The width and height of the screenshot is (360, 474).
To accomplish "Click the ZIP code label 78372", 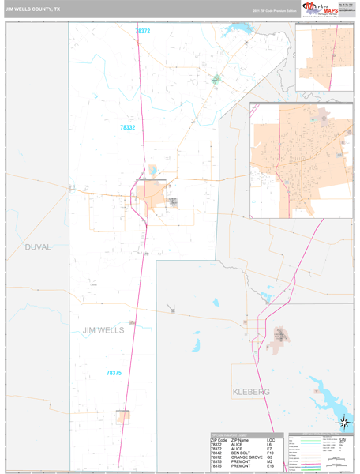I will point(142,31).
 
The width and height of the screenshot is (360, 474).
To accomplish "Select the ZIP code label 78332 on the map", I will point(128,127).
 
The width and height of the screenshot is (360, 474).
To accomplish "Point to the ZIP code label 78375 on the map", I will point(115,372).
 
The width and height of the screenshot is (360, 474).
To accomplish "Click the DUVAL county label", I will point(37,247).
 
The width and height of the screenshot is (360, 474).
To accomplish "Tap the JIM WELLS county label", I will point(103,330).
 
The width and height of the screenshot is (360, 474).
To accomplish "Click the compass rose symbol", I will point(343,423).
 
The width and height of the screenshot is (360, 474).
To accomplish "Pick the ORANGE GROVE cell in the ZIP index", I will point(247,457).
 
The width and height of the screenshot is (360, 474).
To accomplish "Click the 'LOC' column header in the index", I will point(271,439).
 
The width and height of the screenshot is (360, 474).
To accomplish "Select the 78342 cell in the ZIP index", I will point(217,453).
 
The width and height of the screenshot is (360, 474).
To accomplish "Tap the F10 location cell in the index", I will point(271,453).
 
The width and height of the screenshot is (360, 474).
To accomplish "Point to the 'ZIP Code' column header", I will point(219,439).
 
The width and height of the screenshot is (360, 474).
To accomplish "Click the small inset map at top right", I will point(323,60).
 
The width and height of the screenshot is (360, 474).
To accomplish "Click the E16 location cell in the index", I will point(271,467).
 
